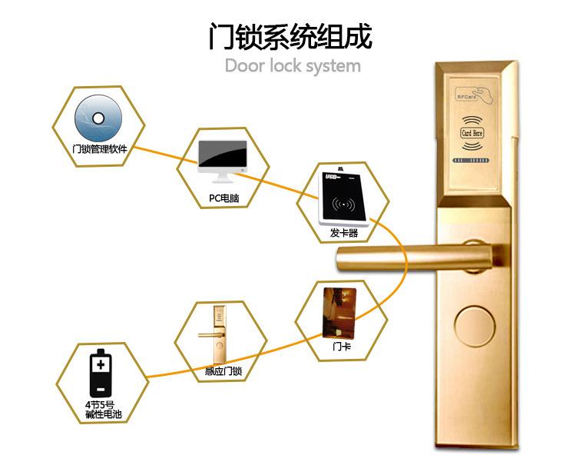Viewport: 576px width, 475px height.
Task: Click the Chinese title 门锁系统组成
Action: pyautogui.click(x=290, y=37)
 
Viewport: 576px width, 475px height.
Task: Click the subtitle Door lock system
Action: pyautogui.click(x=293, y=66)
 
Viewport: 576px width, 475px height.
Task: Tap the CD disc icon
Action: pyautogui.click(x=98, y=118)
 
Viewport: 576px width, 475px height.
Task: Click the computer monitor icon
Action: pyautogui.click(x=223, y=160)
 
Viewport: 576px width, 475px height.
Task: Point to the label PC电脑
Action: pyautogui.click(x=223, y=198)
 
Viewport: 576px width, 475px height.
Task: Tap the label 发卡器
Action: pyautogui.click(x=343, y=233)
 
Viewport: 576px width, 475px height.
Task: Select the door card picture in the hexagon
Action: pyautogui.click(x=342, y=311)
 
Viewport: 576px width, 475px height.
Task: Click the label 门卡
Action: pyautogui.click(x=342, y=347)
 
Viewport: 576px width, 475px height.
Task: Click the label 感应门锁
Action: pyautogui.click(x=223, y=372)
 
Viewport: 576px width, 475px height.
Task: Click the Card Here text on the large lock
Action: pyautogui.click(x=471, y=133)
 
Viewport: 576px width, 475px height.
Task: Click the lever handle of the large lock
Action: pyautogui.click(x=399, y=255)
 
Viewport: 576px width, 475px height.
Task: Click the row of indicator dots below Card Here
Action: pyautogui.click(x=471, y=161)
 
